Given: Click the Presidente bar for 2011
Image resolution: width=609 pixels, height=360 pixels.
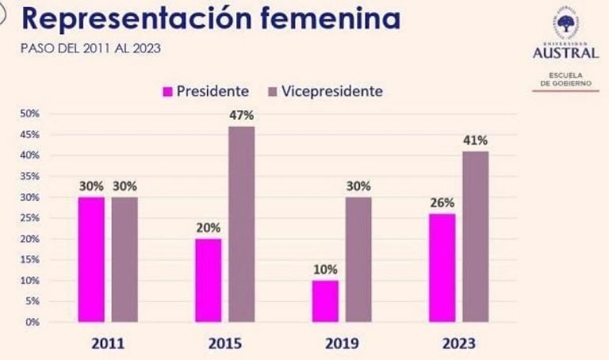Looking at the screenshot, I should click(91, 259).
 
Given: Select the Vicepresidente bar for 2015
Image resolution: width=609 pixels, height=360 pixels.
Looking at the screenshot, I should click(242, 224).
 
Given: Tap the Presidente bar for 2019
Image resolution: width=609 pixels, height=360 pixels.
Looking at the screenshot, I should click(325, 301).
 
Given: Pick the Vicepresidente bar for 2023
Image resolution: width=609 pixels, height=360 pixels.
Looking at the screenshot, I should click(476, 236).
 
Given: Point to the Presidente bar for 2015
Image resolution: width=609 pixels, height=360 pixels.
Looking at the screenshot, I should click(209, 280).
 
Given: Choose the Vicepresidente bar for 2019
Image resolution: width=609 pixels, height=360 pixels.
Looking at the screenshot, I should click(358, 259).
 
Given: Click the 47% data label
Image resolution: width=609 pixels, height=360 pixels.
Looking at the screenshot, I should click(242, 115).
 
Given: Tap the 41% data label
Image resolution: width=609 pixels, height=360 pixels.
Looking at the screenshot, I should click(476, 140).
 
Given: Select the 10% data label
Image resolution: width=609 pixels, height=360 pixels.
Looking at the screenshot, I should click(325, 270).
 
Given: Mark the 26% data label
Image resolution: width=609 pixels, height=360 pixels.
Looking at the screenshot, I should click(442, 203).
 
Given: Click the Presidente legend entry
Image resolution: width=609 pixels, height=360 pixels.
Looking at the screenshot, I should click(205, 91).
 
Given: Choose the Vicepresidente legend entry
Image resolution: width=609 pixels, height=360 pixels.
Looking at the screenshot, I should click(326, 91).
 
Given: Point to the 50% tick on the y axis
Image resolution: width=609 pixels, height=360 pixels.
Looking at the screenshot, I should click(30, 113).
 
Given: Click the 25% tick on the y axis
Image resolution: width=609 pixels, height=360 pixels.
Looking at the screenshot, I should click(30, 218).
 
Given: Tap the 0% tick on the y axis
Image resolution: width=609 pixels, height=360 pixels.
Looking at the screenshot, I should click(33, 322).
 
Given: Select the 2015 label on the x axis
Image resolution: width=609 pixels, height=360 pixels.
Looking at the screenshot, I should click(225, 344).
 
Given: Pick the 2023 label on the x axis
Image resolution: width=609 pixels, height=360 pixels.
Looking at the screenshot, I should click(459, 344).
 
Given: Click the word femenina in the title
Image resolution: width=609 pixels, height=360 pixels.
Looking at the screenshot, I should click(327, 19).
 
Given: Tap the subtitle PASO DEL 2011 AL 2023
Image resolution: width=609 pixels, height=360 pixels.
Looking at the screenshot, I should click(90, 49).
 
